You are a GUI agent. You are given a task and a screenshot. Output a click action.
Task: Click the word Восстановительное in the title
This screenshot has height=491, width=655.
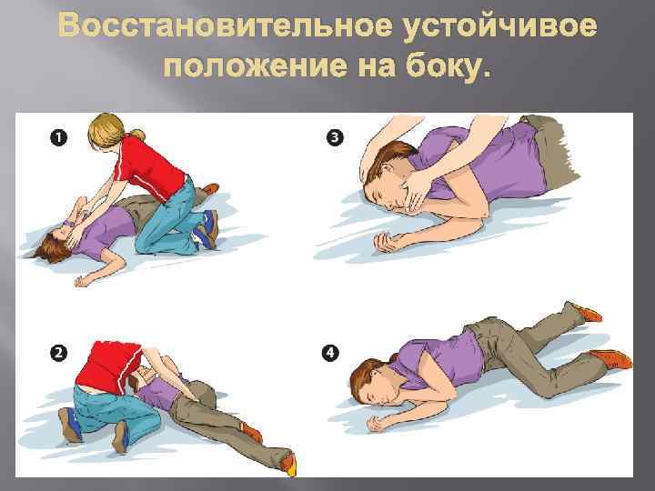(x=226, y=25)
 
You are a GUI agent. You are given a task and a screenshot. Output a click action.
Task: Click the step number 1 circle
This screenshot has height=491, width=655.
(x=58, y=137)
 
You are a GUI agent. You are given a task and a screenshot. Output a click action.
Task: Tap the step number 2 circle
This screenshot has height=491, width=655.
(x=58, y=353)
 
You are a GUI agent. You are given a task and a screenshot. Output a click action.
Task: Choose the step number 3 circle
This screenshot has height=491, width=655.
(x=335, y=137)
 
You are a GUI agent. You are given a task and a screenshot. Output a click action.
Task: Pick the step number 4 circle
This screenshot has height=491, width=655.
(x=330, y=353)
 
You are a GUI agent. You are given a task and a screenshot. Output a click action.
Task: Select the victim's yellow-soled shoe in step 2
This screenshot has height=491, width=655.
(x=288, y=464)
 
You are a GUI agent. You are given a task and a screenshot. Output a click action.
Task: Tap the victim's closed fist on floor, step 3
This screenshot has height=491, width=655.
(x=385, y=242)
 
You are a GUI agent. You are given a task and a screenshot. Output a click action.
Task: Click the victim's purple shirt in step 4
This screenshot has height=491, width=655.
(x=438, y=359)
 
